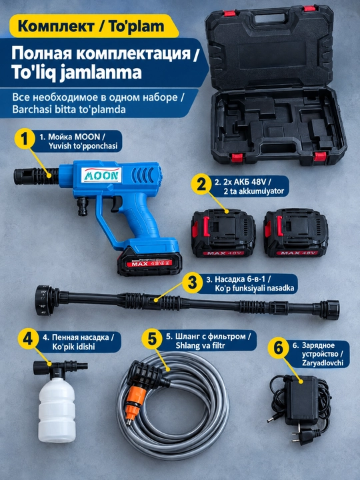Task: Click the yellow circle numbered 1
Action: coord(25,139)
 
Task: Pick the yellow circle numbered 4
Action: coord(28,339)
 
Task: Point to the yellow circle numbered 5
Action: coord(151,339)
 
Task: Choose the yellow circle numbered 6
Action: coord(278,349)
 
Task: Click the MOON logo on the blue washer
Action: coord(101,175)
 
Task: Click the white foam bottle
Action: coord(57,409)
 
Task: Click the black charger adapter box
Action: coord(301,400)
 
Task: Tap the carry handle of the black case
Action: coord(269,19)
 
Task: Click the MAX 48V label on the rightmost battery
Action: coord(296,253)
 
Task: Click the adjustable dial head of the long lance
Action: coord(46,300)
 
